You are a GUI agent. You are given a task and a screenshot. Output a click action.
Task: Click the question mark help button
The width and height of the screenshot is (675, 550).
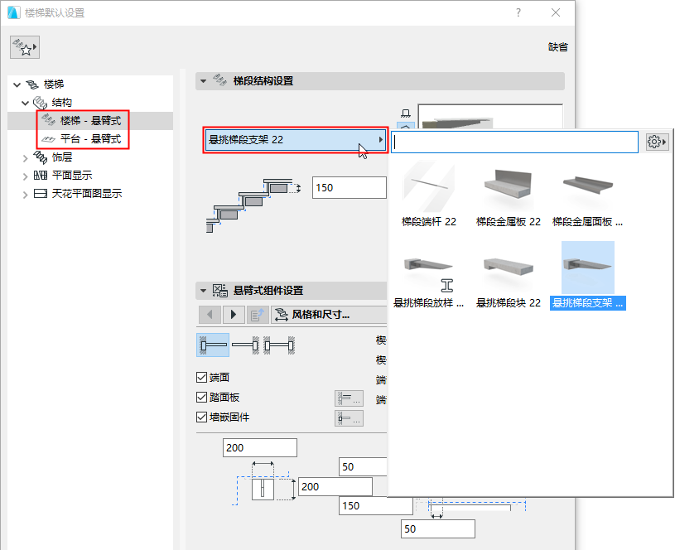pos(518,13)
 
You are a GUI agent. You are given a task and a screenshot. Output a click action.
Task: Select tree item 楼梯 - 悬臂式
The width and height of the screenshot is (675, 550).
pos(90,121)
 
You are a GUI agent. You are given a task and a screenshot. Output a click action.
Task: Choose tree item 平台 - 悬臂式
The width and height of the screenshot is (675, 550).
pos(90,139)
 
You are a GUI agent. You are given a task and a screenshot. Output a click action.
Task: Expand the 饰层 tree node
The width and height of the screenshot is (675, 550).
pos(24,157)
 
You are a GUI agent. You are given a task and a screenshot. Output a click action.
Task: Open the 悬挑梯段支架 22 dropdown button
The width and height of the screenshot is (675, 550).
pos(295,140)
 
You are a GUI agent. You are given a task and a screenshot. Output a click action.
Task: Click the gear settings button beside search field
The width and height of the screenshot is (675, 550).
pos(656,142)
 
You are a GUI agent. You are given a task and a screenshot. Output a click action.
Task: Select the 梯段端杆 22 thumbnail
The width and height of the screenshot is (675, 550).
pos(428,195)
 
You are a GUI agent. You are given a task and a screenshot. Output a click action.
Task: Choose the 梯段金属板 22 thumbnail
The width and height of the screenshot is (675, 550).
pos(508,195)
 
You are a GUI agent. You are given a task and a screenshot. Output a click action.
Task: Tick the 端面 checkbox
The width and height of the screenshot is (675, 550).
pos(201,378)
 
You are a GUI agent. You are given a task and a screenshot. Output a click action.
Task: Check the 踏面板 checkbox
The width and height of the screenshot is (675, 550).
pos(201,398)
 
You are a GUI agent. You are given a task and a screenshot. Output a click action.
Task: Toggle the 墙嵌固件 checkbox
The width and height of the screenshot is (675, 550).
pos(201,417)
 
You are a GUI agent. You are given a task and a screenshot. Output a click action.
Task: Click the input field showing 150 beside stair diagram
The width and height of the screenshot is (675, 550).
pos(349,188)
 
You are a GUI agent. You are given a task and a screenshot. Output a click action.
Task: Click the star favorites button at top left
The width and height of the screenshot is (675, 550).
pos(25,49)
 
